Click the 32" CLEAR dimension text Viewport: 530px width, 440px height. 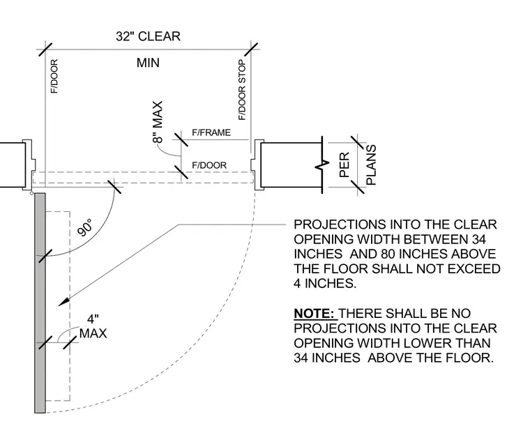(x=148, y=36)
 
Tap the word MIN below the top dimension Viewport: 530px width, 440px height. (x=148, y=63)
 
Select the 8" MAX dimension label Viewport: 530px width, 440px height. (x=158, y=122)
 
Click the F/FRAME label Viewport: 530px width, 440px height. (x=211, y=132)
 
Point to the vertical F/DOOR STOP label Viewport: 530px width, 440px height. (x=242, y=90)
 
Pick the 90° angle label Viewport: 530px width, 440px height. (x=84, y=227)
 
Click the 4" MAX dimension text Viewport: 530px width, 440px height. (x=93, y=326)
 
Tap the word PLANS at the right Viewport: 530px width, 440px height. (x=371, y=165)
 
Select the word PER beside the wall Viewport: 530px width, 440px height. (x=344, y=165)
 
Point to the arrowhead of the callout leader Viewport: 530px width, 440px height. (x=63, y=302)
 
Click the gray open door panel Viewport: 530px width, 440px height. (x=40, y=303)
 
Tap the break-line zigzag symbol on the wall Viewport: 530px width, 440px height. (x=322, y=165)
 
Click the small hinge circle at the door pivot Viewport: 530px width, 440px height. (x=32, y=193)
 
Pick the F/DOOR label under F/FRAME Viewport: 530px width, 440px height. (x=209, y=165)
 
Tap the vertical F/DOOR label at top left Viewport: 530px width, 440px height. (x=54, y=77)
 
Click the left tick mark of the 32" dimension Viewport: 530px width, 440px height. (x=45, y=50)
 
